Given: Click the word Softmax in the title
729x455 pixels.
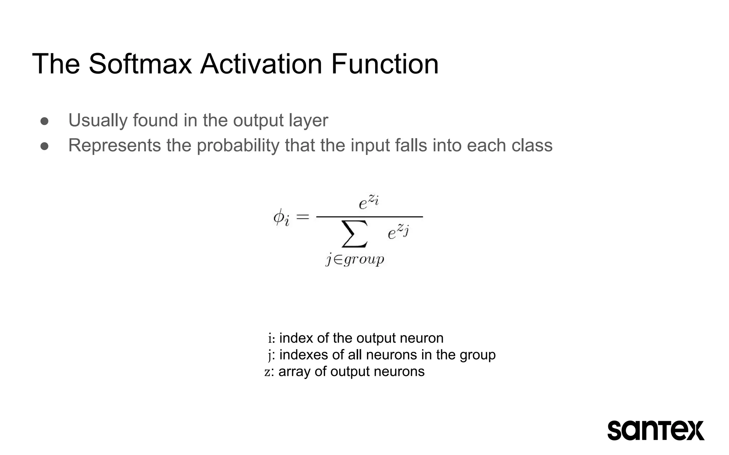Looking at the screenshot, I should coord(140,64).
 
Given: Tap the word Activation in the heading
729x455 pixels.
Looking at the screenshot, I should coord(261,64).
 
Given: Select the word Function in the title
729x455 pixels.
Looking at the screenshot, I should coord(385,64).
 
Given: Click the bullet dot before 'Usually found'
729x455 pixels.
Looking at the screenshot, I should coord(44,121).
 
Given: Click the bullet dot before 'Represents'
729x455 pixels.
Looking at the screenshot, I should coord(44,146).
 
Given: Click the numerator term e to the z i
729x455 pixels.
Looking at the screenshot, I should coord(368,202).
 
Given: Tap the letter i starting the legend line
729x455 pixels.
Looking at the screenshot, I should coord(270,338).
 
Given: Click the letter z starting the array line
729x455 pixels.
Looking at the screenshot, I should coord(267,372).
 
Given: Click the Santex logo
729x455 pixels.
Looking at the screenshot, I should coord(656,430).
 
